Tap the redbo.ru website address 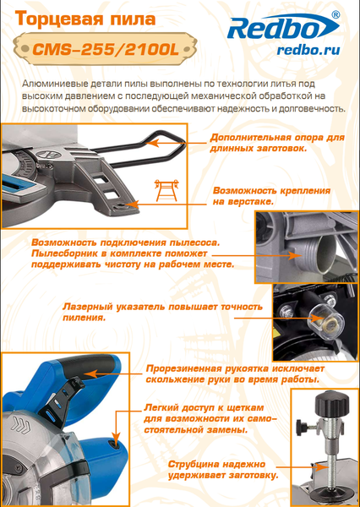click(x=307, y=51)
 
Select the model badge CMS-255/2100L click(x=105, y=49)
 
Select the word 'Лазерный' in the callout click(x=92, y=306)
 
